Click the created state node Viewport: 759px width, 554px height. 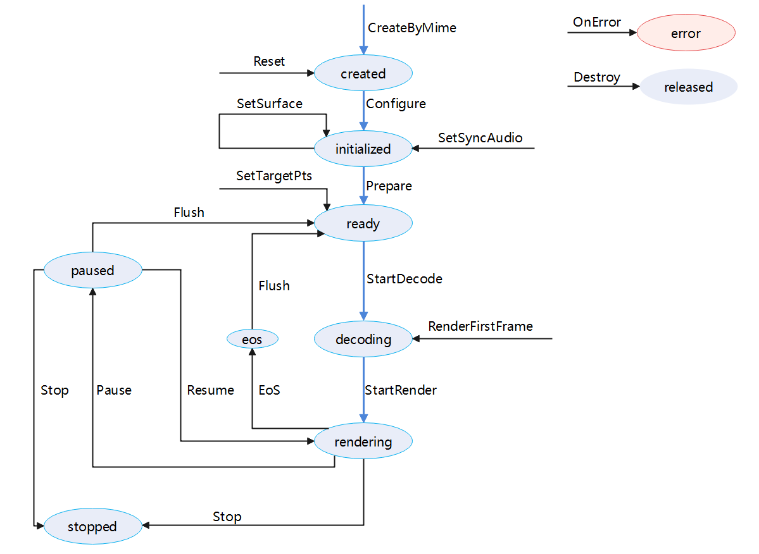[x=363, y=73]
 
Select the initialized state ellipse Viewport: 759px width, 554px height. [x=363, y=149]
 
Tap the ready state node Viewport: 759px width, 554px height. [x=363, y=223]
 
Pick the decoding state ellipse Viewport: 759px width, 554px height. [x=363, y=340]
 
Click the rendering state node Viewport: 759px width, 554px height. [x=363, y=441]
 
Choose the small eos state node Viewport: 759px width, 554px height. [x=252, y=340]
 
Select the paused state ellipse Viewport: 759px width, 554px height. [x=92, y=271]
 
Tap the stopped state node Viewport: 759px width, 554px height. [x=92, y=527]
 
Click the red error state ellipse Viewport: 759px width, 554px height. [x=686, y=33]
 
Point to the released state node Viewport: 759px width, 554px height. [x=688, y=87]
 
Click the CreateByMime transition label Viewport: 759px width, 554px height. [x=411, y=28]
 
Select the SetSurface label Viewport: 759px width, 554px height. [x=270, y=103]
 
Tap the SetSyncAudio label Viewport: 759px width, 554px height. [x=480, y=138]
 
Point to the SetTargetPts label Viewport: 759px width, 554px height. [x=274, y=176]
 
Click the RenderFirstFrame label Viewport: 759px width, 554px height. [x=480, y=326]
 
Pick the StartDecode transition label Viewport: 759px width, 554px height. [x=404, y=278]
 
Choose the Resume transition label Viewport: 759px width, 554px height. [x=210, y=390]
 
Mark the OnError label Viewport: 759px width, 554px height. [x=597, y=22]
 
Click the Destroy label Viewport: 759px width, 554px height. [x=597, y=77]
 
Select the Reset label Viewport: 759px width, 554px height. [x=269, y=61]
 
